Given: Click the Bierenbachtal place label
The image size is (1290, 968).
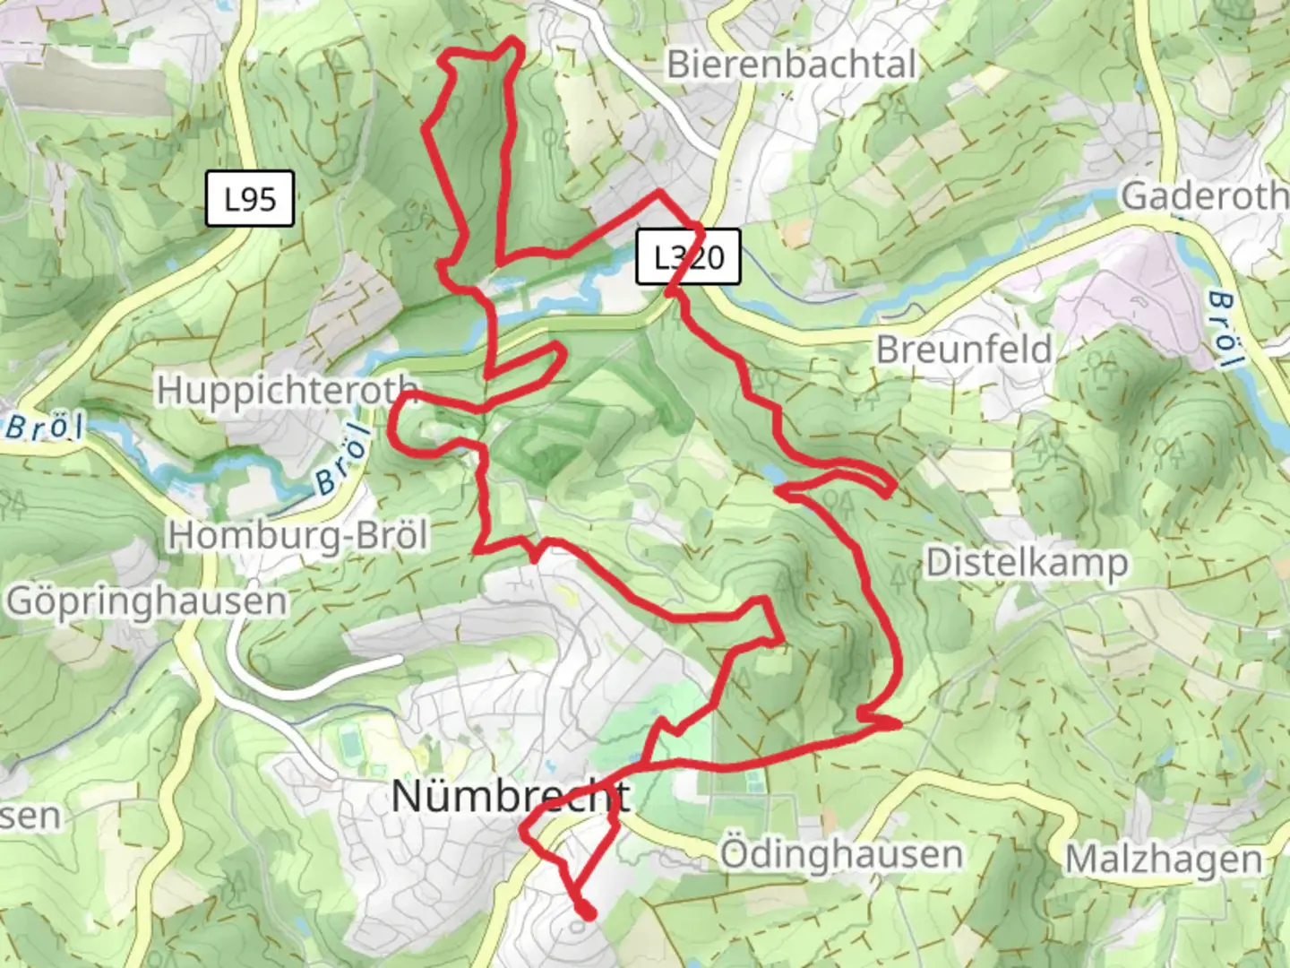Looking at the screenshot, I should click(x=792, y=65).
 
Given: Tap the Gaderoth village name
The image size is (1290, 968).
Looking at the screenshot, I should click(x=1203, y=195).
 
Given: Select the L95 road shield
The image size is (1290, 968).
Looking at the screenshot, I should click(x=250, y=199).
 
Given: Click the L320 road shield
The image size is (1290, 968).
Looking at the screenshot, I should click(x=688, y=257).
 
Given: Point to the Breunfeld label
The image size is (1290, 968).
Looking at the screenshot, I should click(x=964, y=349).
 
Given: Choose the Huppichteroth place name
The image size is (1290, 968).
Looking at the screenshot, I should click(x=288, y=391).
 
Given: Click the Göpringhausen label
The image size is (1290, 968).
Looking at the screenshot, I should click(x=147, y=601).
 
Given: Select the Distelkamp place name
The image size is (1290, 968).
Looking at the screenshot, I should click(x=1027, y=563).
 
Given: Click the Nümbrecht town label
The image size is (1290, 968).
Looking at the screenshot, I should click(x=511, y=796).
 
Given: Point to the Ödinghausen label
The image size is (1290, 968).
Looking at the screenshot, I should click(x=841, y=854).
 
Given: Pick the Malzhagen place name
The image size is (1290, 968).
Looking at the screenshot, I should click(x=1164, y=860).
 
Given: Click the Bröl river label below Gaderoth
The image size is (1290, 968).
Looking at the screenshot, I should click(x=1224, y=329).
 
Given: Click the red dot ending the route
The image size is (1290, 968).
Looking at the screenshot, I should click(x=588, y=913).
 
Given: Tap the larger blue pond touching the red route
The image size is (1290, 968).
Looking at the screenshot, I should click(x=772, y=473).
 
